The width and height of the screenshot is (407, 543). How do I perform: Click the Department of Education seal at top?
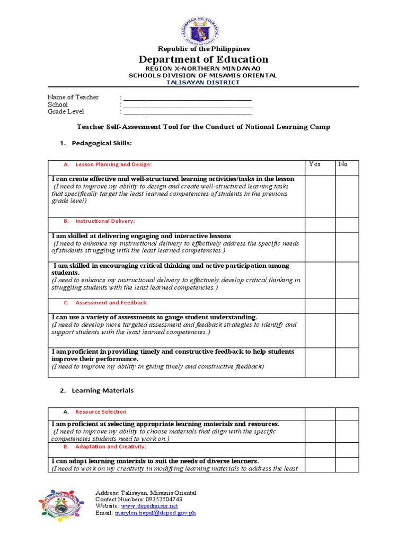tap(203, 27)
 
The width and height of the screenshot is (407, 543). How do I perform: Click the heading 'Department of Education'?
tap(203, 59)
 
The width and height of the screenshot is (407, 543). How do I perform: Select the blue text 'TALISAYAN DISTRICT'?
tap(203, 82)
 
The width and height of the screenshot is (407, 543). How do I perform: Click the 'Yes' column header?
tap(314, 164)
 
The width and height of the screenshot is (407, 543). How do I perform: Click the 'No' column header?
tap(343, 164)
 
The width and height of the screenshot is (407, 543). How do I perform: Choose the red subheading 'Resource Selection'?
tap(101, 412)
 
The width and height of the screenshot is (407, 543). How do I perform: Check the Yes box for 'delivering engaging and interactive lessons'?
tap(320, 247)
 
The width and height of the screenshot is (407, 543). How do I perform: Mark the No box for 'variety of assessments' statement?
tap(347, 330)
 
